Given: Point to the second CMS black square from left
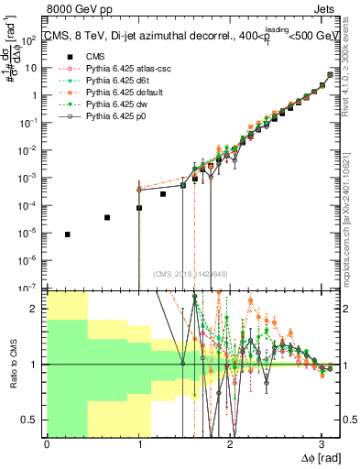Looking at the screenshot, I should click(107, 217).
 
